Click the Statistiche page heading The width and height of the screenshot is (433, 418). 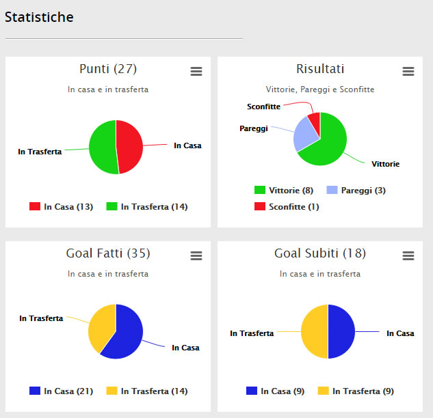point(39,17)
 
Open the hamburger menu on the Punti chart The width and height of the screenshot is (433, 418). point(196,72)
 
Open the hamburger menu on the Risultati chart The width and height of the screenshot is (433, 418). point(408,72)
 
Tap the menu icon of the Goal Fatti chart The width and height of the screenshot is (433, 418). point(196,255)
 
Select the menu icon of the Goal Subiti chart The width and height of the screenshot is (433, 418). point(408,255)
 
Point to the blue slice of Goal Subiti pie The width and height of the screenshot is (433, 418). point(341,331)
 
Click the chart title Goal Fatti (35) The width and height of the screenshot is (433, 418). point(108,253)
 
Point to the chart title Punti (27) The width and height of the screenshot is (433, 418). point(108,69)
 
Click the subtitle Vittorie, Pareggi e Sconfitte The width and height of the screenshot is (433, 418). point(320,89)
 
